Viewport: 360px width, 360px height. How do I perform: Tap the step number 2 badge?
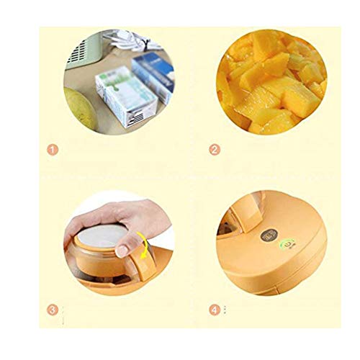[x=213, y=151]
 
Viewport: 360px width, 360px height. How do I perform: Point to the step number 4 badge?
[x=214, y=311]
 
